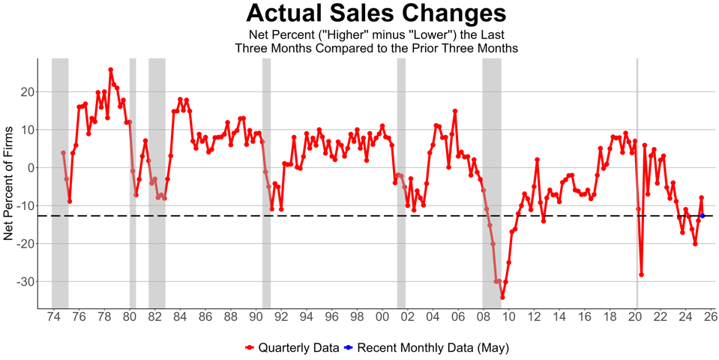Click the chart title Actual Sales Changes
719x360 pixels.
coord(376,13)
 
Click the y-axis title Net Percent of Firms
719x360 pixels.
coord(9,184)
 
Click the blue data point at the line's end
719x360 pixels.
coord(703,216)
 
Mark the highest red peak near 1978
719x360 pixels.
coord(110,70)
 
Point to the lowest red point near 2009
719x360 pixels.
coord(502,297)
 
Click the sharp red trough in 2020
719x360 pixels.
coord(641,274)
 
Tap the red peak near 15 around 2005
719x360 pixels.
coord(454,111)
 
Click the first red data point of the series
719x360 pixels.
coord(63,153)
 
